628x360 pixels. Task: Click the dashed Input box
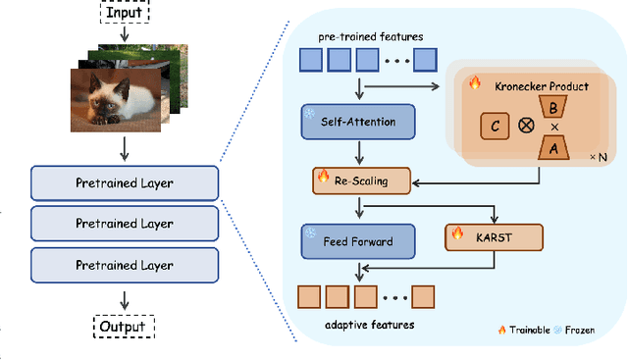pos(125,14)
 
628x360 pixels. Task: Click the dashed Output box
pos(125,327)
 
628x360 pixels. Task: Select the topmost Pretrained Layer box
pos(124,182)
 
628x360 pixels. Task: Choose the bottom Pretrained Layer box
pos(124,265)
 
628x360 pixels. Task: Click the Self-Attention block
pos(359,122)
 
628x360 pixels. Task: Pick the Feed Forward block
pos(359,241)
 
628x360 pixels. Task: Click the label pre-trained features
pos(370,36)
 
